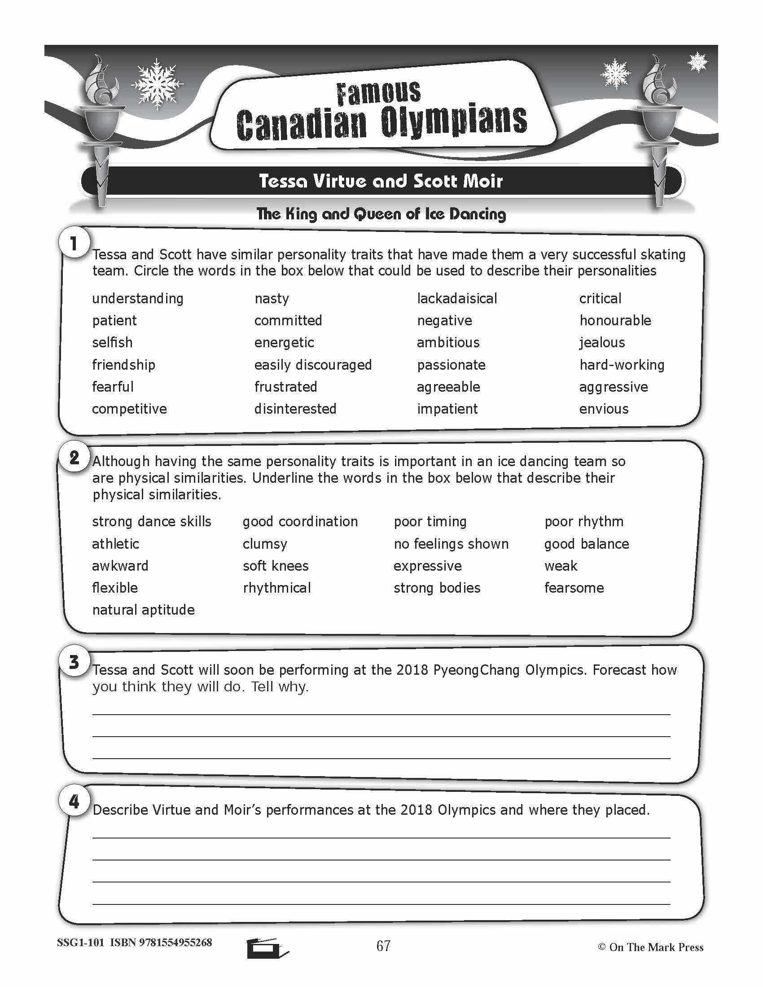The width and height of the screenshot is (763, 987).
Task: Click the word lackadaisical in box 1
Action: pos(456,298)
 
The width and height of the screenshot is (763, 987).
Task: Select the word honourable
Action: pos(615,320)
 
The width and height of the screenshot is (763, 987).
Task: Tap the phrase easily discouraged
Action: pos(313,365)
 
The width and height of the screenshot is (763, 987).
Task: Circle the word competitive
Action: pos(129,409)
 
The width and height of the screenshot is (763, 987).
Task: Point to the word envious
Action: pos(604,409)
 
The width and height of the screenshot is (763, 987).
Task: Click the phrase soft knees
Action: pos(276,566)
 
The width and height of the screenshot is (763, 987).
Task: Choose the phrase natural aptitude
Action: pos(143,610)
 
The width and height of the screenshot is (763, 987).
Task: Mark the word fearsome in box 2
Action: pos(574,588)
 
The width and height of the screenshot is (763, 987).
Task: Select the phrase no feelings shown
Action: pos(451,544)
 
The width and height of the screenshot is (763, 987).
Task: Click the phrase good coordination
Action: pos(300,521)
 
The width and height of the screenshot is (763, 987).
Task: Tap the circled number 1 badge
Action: pos(74,244)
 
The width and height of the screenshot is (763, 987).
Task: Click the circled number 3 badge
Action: pos(74,663)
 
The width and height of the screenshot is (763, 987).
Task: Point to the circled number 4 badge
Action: pos(74,802)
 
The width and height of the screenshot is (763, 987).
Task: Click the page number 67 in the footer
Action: pos(383,945)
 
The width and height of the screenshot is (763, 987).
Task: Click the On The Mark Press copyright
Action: pos(651,947)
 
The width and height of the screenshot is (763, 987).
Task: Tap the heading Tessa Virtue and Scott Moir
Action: pos(381,181)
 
